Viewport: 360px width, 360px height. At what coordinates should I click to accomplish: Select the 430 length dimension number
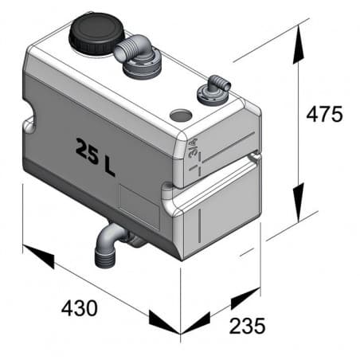[x=78, y=307]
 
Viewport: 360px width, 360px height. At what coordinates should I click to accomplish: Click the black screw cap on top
[x=93, y=34]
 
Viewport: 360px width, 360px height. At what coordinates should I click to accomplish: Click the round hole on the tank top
[x=182, y=115]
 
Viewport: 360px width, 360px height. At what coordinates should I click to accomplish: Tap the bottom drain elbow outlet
[x=106, y=248]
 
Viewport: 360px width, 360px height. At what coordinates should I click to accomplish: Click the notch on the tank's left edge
[x=29, y=123]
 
